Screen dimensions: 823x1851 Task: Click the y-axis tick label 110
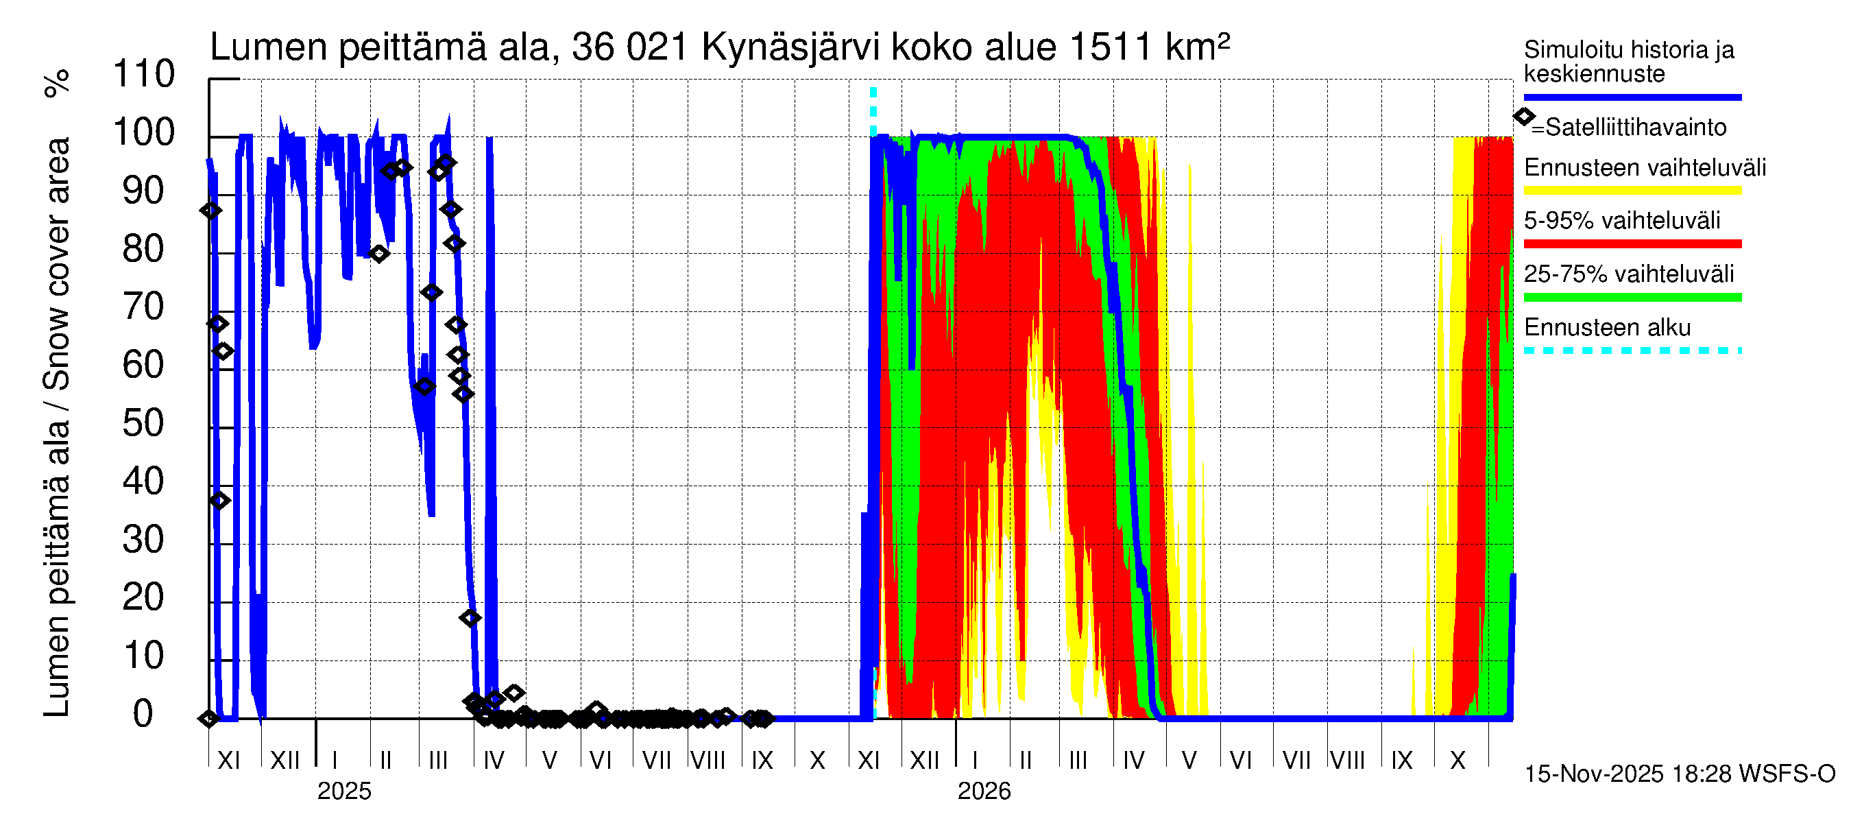144,74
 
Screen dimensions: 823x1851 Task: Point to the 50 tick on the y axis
144,423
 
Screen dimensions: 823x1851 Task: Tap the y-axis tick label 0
143,714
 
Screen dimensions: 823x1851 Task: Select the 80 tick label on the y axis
144,249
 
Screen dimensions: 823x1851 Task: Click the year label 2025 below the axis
344,791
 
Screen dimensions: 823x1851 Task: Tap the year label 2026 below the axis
984,791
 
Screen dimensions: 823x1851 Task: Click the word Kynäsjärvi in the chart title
790,48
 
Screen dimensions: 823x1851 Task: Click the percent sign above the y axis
57,84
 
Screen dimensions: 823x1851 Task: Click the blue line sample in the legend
1632,97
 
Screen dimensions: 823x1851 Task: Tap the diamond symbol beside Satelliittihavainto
1524,117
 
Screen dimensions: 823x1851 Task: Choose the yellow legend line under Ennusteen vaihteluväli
1632,191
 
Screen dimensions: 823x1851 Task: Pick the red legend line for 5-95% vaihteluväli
1632,244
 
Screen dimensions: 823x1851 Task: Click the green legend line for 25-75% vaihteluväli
1632,298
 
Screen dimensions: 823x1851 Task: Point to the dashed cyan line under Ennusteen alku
1632,350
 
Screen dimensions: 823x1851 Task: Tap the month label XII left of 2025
285,761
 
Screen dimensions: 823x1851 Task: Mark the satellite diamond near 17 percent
470,618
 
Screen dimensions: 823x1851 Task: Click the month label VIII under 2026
1347,761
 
